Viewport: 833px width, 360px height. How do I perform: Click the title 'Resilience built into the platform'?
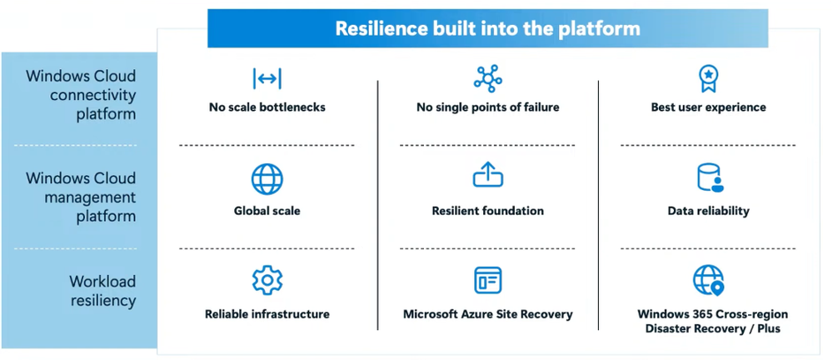coord(487,28)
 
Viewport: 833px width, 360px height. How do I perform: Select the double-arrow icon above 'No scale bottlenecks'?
coord(267,79)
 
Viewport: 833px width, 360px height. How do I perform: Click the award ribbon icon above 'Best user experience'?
coord(708,78)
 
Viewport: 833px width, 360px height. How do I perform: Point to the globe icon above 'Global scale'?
coord(267,179)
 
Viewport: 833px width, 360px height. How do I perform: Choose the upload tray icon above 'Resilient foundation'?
coord(487,176)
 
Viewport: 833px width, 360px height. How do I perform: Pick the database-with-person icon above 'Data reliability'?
coord(709,178)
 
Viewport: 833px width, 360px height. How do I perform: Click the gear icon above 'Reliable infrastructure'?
coord(267,280)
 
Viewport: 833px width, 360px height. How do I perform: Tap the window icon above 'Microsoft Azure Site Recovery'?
coord(487,281)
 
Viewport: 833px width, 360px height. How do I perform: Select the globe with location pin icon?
coord(709,281)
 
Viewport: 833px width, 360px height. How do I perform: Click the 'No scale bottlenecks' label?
coord(267,107)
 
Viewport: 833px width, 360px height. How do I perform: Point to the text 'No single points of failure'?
coord(487,107)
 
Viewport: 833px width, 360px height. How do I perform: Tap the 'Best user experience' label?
coord(708,107)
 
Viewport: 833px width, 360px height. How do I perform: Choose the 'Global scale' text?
coord(267,211)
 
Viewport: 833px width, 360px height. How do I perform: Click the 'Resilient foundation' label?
coord(487,211)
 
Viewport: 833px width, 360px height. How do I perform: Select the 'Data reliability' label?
coord(708,211)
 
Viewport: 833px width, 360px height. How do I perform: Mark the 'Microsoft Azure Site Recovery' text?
coord(487,314)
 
